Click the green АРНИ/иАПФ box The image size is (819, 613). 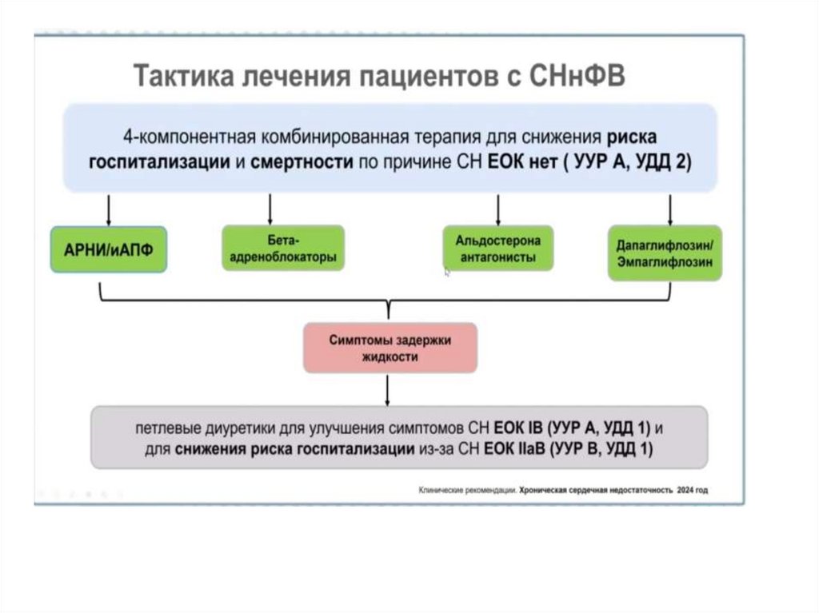click(109, 250)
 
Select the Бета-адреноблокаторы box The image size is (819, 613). click(283, 248)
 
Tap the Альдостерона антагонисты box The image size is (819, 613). click(497, 248)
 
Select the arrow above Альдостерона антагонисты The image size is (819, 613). click(499, 209)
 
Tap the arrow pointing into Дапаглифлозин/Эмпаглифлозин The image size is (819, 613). click(669, 209)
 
